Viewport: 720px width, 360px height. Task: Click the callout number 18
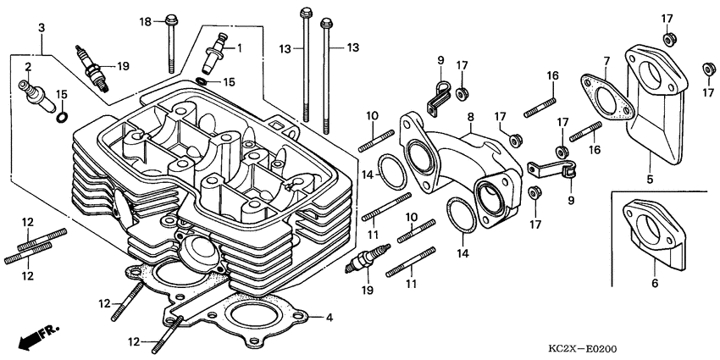pos(145,21)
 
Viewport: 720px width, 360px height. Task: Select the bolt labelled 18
pos(172,38)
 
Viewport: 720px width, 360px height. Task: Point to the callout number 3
pos(41,28)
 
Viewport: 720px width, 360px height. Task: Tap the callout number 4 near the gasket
pos(330,318)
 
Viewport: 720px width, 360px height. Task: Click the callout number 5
pos(651,180)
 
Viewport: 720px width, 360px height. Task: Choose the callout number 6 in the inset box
pos(654,285)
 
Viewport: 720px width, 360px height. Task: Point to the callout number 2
pos(28,66)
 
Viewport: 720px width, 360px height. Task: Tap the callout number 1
pos(239,48)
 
